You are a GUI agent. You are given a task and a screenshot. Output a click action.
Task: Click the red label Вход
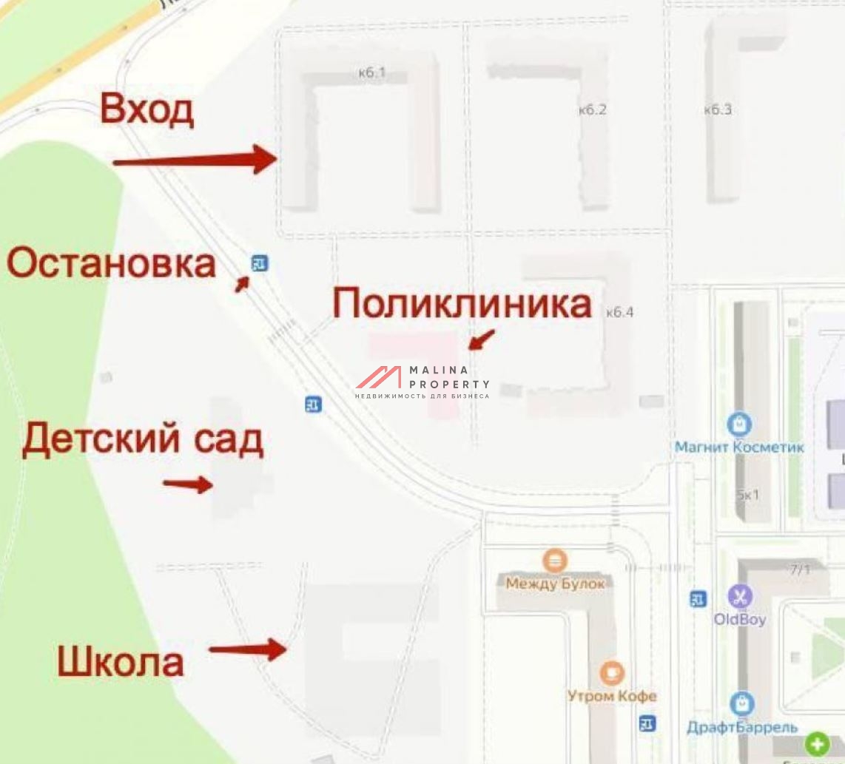point(147,109)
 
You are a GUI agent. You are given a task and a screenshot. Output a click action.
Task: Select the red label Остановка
point(112,263)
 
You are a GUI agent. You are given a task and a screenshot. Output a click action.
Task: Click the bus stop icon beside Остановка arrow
point(259,263)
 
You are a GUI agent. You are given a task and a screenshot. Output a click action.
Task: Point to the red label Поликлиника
point(462,303)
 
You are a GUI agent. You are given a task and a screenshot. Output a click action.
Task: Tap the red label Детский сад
point(142,439)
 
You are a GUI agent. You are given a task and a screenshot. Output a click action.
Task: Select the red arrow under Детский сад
point(188,484)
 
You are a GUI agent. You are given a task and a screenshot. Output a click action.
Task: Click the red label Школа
point(121,661)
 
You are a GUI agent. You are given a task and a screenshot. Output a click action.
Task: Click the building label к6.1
point(371,72)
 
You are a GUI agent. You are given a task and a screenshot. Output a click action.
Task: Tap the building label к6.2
point(592,109)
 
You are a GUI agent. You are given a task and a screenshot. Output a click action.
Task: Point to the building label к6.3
point(718,109)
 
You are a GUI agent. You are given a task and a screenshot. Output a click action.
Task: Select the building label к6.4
point(619,312)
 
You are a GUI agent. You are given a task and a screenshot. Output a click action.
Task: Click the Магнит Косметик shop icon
point(739,425)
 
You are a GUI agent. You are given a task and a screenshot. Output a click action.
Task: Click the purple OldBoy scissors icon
point(739,596)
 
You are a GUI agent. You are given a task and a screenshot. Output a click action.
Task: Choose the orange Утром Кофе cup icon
point(611,673)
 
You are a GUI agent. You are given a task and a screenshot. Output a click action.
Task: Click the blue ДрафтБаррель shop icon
point(742,703)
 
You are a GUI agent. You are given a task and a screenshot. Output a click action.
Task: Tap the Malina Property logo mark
point(379,378)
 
